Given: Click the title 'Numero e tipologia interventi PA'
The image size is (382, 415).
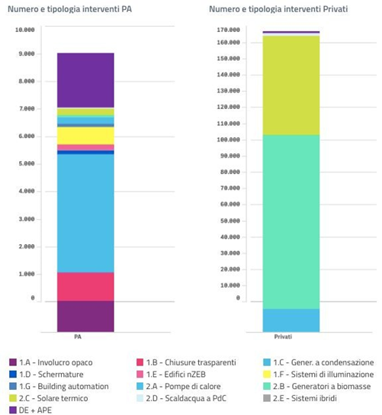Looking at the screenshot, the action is click(69, 9).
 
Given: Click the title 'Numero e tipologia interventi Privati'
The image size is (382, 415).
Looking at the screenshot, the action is click(278, 9).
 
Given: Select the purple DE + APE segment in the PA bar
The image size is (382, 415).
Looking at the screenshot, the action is click(85, 80).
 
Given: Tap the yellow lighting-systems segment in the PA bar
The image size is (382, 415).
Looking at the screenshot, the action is click(85, 136).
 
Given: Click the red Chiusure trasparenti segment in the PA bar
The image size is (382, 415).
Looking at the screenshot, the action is click(85, 287).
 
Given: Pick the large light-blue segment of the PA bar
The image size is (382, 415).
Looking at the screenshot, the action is click(85, 214).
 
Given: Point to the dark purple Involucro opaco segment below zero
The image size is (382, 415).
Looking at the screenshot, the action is click(85, 317).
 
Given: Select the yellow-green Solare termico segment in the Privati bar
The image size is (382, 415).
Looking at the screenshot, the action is click(291, 85).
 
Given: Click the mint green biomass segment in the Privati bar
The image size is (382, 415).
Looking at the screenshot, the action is click(291, 222).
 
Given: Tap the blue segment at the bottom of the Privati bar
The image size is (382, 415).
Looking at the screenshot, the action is click(291, 320).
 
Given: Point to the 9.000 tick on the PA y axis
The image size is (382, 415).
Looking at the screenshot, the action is click(27, 54).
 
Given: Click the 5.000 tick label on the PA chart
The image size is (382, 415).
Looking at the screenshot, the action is click(27, 164).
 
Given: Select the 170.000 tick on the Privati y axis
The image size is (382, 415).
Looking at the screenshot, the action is click(229, 30).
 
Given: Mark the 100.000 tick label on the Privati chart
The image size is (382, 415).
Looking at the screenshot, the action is click(229, 140).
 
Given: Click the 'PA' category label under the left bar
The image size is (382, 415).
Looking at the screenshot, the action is click(78, 337).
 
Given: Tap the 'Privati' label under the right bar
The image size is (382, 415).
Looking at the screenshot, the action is click(283, 337).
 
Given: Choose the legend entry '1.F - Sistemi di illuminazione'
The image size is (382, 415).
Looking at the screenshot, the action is click(319, 375).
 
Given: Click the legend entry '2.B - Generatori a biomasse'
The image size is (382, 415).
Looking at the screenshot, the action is click(317, 387).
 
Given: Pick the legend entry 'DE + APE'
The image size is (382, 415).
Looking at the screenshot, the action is click(30, 410).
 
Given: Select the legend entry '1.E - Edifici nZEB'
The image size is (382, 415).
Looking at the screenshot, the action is click(171, 375).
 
